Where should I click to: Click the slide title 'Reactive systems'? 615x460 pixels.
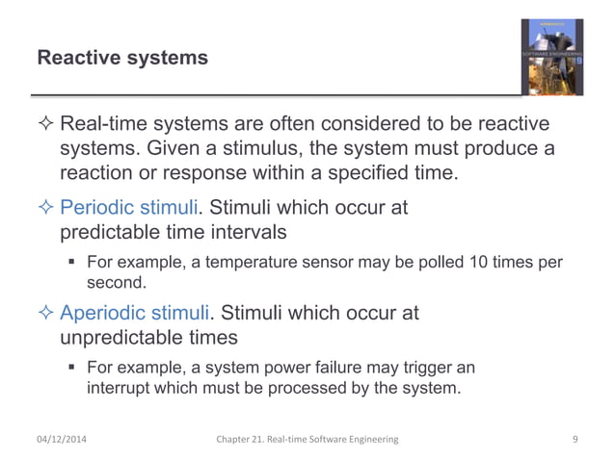[121, 59]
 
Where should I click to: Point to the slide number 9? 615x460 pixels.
[575, 440]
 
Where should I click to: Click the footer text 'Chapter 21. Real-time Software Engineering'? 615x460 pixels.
[307, 440]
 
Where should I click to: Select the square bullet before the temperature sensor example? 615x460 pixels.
[72, 264]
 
